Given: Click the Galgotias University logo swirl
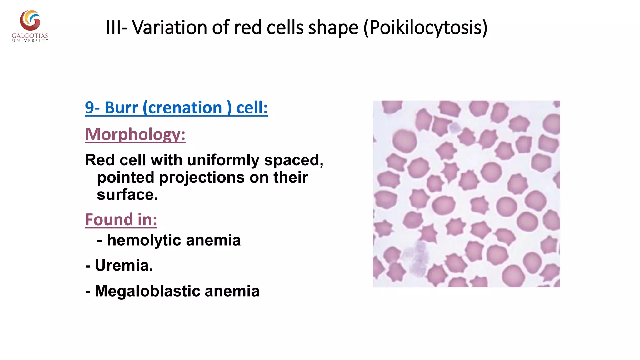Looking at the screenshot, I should (x=30, y=21).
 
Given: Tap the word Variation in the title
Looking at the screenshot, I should (x=170, y=27).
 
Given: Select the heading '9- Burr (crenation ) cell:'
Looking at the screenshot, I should (x=176, y=108).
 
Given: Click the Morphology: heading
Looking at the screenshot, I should (x=135, y=134).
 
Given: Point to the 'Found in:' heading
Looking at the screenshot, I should (x=121, y=219).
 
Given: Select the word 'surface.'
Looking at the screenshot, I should (x=127, y=195).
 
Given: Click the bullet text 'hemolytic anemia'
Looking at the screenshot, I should (x=174, y=240).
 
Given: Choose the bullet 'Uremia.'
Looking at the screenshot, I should (x=124, y=266).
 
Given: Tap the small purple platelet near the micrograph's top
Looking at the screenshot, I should (x=455, y=128).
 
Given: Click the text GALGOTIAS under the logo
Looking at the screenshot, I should (x=30, y=36).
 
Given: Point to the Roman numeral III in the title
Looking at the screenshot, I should (x=112, y=27).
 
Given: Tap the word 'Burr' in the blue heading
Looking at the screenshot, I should (x=121, y=108).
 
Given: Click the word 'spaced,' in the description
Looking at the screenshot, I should (x=293, y=160).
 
